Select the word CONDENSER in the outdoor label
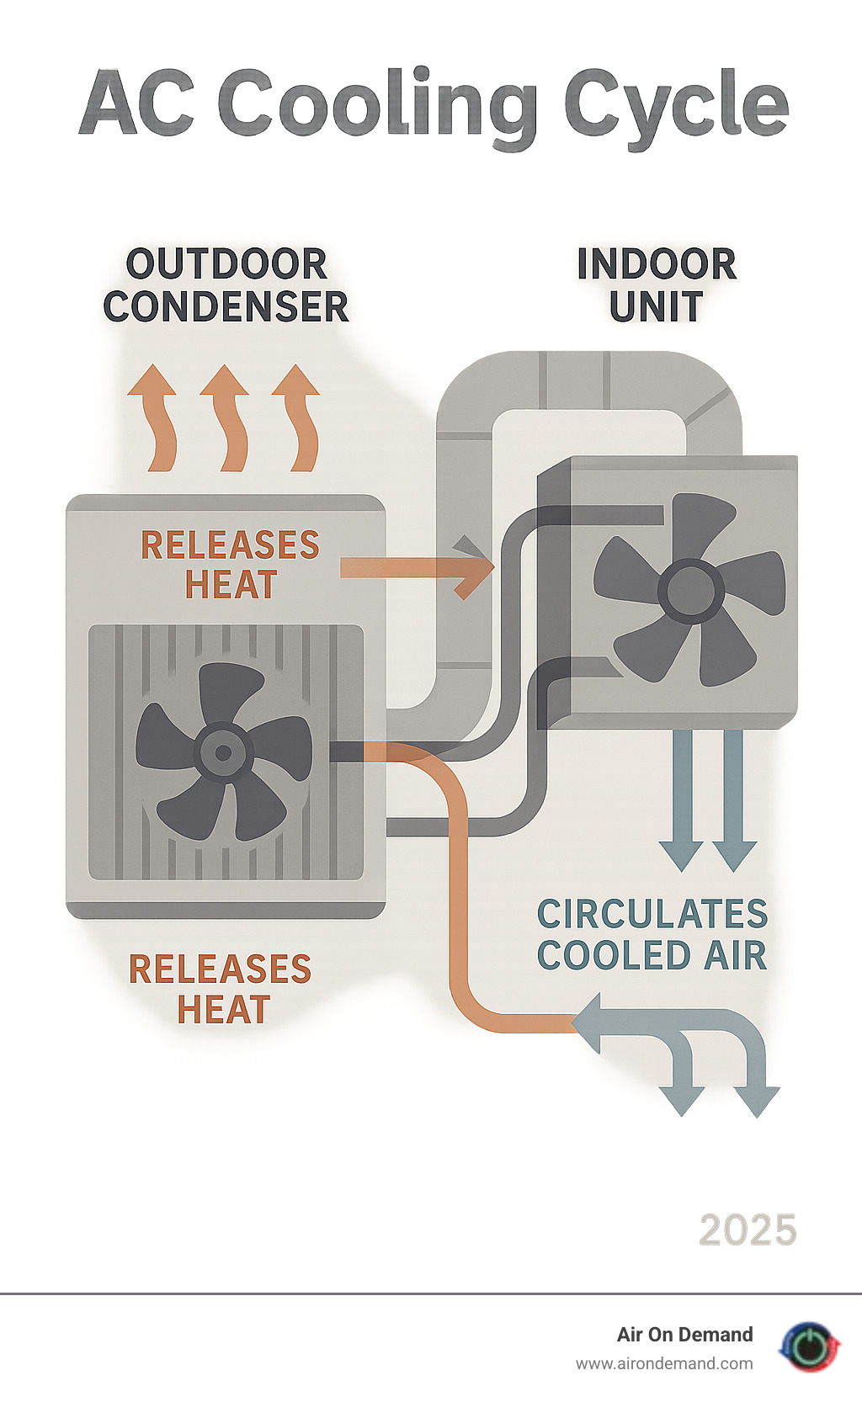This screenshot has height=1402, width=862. click(226, 306)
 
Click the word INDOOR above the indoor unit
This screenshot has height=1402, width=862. click(657, 264)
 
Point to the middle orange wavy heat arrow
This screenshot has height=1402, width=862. click(226, 418)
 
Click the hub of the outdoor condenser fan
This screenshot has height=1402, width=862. click(223, 752)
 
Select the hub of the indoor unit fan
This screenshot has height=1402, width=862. click(690, 590)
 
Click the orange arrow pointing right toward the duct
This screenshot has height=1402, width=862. click(417, 568)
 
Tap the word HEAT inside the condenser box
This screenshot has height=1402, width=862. click(231, 584)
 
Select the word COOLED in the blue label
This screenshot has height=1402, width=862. click(605, 955)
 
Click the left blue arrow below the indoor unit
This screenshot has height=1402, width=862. click(683, 801)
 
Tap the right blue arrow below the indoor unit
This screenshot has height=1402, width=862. click(733, 801)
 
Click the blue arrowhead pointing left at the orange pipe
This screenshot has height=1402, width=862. click(588, 1022)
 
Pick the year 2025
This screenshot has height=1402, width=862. click(748, 1229)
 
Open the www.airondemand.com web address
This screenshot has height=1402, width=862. click(664, 1364)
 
